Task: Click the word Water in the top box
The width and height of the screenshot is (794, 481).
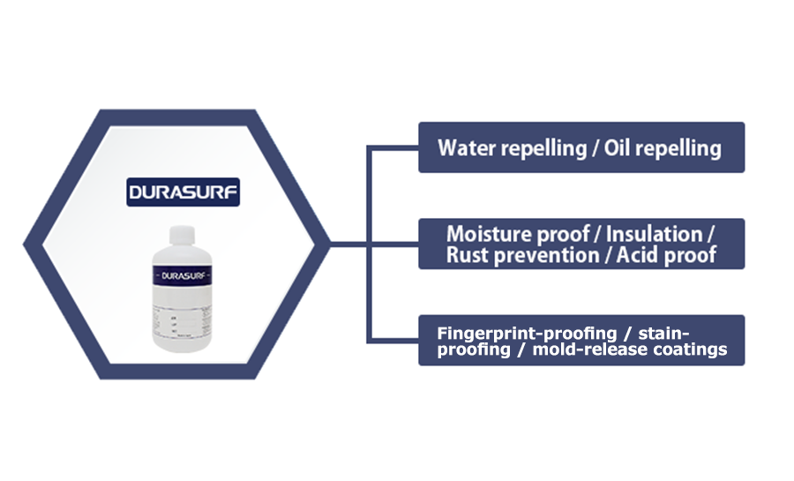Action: coord(467,147)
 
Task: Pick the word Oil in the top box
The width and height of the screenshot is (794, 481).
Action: coord(620,147)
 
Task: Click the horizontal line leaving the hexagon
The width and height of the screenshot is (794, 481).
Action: coord(348,244)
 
